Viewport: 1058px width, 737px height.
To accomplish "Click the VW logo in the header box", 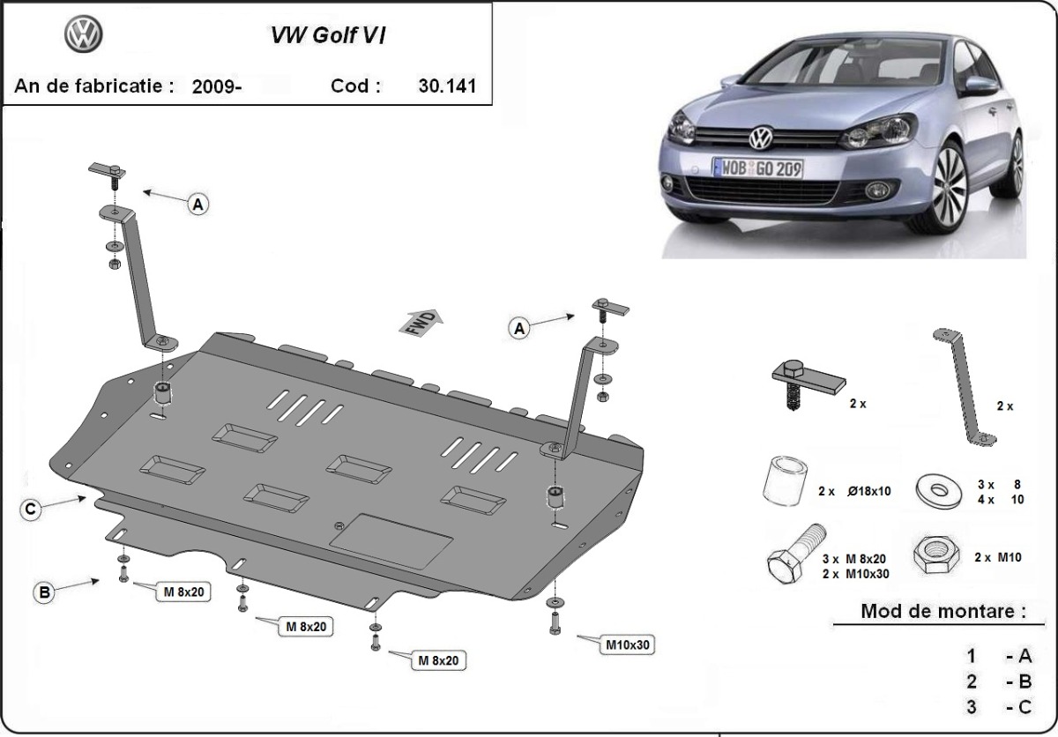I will tap(84, 35).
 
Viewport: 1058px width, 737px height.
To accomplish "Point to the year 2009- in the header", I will tap(216, 86).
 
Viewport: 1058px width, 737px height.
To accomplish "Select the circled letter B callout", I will tap(44, 593).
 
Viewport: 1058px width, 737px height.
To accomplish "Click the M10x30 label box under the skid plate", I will tap(627, 644).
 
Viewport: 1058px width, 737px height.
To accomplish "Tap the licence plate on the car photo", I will tap(757, 168).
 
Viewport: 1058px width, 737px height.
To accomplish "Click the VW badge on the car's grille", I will tap(759, 138).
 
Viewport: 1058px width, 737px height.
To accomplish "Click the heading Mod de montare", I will tap(943, 610).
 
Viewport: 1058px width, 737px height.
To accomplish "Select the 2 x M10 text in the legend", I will tap(997, 558).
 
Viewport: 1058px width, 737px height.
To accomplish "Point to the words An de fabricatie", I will tap(88, 86).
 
